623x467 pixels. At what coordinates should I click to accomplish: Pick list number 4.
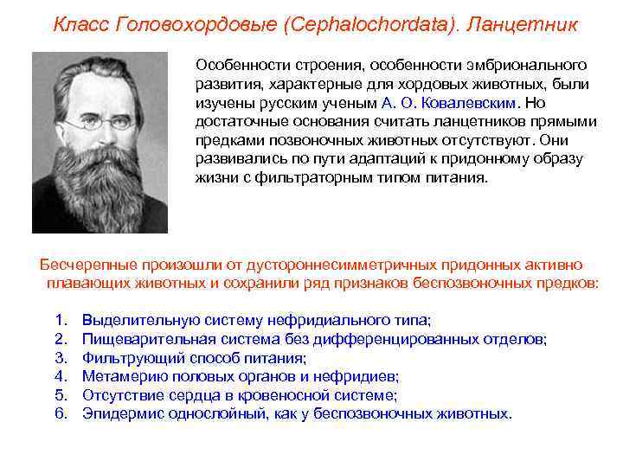pos(60,376)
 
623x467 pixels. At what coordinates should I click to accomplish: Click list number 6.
pos(60,413)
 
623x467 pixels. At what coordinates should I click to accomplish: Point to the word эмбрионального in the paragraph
pos(538,66)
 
